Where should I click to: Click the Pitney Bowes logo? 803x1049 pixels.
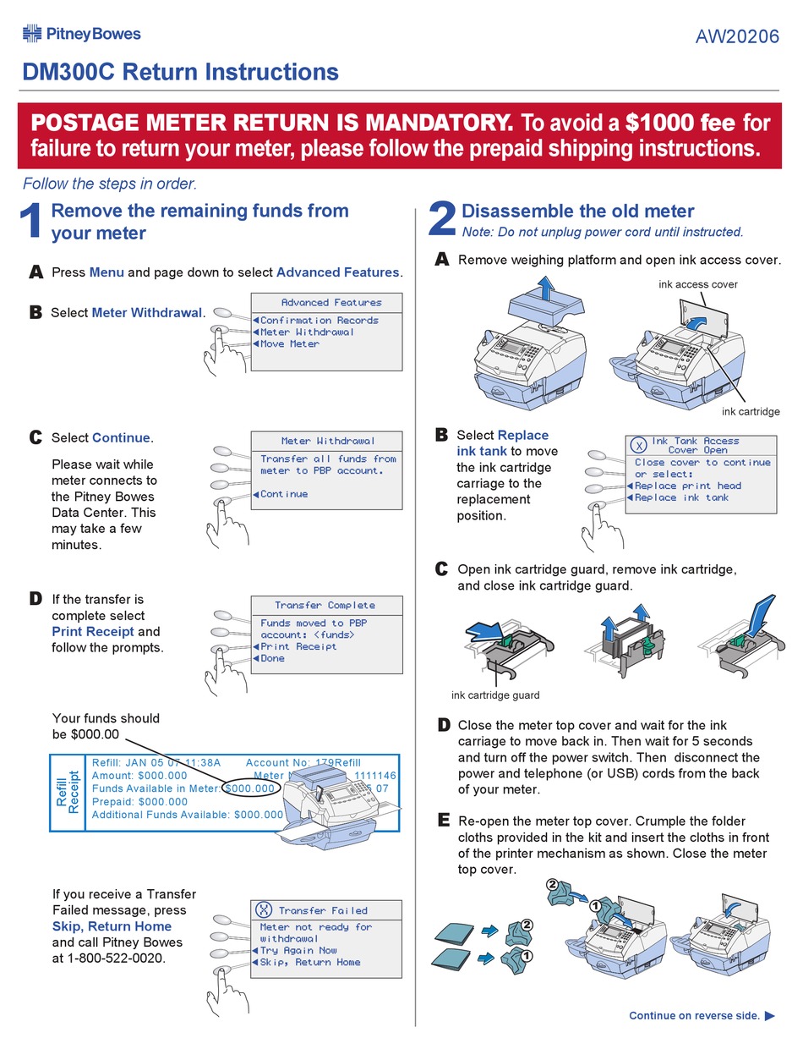pos(81,34)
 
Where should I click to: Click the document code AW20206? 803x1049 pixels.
pos(737,37)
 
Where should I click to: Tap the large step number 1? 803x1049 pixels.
pos(31,222)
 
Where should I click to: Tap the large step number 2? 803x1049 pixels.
pos(441,220)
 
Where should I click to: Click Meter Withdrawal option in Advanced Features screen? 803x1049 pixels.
pos(307,332)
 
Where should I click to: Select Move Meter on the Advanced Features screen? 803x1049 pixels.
pos(289,344)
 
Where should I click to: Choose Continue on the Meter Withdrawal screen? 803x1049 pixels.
pos(284,494)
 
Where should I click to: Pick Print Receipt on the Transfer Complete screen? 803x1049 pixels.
pos(298,646)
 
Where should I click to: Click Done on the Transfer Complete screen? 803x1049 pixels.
pos(272,658)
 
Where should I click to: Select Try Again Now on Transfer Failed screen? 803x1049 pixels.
pos(298,950)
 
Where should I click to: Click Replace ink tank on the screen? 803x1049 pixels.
pos(681,497)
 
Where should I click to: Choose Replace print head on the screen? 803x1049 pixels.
pos(687,486)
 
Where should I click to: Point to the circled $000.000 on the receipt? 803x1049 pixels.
pos(250,788)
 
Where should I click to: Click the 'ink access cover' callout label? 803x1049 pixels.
pos(698,284)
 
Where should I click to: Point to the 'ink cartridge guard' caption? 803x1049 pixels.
pos(495,695)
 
